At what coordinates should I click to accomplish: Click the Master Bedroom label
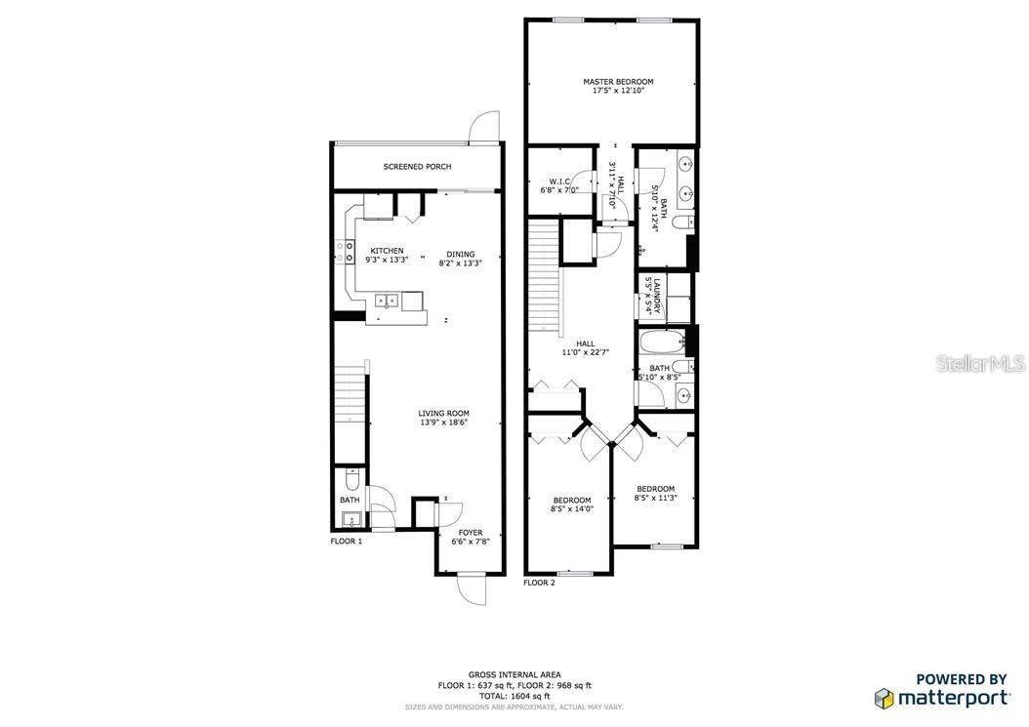tap(618, 82)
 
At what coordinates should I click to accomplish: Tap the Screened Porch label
tap(417, 167)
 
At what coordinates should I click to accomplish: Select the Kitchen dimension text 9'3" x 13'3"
tap(387, 261)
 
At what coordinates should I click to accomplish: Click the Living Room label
tap(444, 414)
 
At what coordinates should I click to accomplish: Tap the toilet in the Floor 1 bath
tap(351, 480)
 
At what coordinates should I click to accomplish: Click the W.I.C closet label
tap(559, 182)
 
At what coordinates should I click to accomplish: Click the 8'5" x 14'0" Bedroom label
tap(571, 501)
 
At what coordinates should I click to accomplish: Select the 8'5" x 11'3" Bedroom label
tap(655, 489)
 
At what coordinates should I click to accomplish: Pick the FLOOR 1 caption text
tap(346, 541)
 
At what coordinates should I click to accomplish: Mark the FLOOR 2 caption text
tap(539, 583)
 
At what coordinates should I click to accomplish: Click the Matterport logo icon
tap(884, 699)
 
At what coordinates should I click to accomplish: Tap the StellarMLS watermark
tap(980, 364)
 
